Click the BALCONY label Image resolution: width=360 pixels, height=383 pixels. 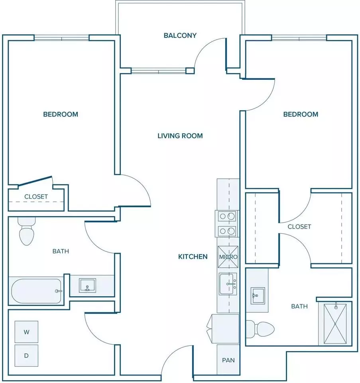point(180,36)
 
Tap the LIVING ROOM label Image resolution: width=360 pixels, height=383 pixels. point(180,136)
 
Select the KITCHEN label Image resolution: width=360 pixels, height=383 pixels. point(193,257)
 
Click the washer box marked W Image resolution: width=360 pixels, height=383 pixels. point(26,332)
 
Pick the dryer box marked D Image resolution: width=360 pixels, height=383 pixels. point(26,355)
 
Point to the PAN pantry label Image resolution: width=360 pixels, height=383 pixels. point(228,360)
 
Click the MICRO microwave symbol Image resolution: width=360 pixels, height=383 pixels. point(228,257)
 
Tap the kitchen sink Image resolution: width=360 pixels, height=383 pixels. point(228,284)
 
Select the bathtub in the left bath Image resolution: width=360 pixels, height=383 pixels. point(36,291)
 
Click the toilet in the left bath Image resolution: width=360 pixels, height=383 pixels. point(27,231)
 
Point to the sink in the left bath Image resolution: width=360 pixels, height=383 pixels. point(87,286)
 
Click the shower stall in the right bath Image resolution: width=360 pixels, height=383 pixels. point(335,324)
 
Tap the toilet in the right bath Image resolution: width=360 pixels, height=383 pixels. point(260,329)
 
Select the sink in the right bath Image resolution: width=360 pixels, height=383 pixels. point(258,296)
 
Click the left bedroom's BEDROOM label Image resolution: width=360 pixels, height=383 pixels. point(61,115)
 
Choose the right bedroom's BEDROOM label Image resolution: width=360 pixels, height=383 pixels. point(301,115)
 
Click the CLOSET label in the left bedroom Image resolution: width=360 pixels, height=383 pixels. point(36,197)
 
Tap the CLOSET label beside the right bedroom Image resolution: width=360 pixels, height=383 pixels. point(299,227)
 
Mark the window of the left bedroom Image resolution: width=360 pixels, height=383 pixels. point(61,38)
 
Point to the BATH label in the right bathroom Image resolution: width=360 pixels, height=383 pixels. point(299,306)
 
